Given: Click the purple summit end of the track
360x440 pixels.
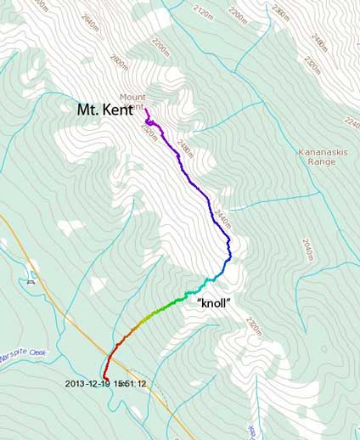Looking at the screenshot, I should point(146,110).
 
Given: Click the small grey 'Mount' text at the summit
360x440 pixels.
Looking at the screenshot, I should point(132,97).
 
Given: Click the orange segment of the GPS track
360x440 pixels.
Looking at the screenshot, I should point(127,334).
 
